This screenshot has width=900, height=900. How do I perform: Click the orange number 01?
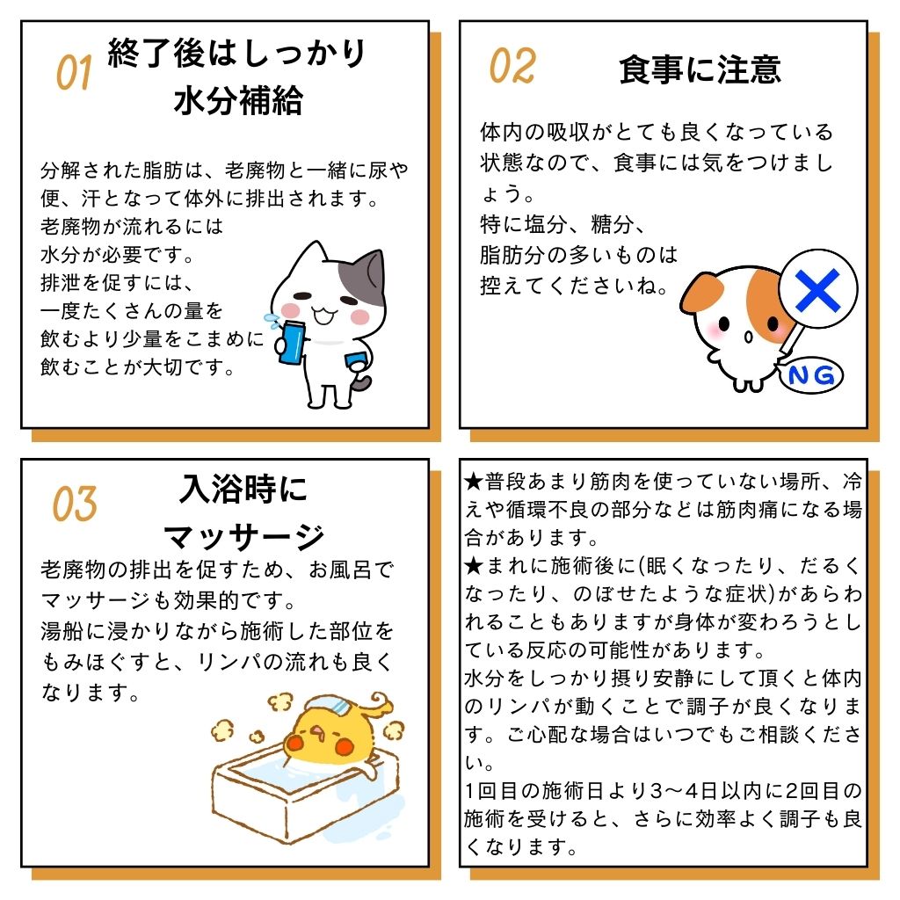[x=74, y=73]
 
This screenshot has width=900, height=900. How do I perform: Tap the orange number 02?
[x=512, y=66]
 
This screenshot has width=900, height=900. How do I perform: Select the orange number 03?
[x=75, y=504]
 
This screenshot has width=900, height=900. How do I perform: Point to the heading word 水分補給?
[x=238, y=101]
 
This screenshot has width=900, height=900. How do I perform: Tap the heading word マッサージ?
[x=244, y=537]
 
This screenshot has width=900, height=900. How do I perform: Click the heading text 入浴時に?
[x=244, y=490]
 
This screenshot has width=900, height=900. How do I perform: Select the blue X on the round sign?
[x=817, y=290]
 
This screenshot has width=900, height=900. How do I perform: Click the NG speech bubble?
[x=810, y=376]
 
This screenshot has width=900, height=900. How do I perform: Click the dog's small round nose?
[x=748, y=337]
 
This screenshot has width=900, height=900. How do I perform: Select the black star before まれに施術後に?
[x=474, y=567]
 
